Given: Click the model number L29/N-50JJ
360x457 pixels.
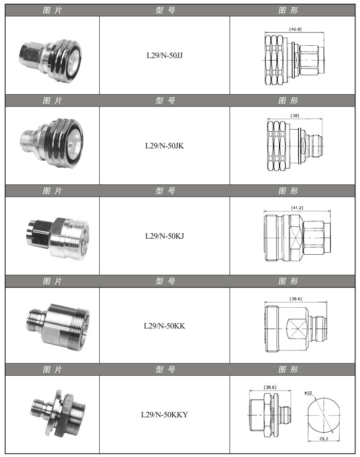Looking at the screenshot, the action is point(165,56).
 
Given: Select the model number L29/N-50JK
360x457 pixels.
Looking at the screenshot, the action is point(165,146).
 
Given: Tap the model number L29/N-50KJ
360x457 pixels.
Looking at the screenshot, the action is point(165,236).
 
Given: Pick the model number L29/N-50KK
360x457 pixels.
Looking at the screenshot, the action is point(165,326).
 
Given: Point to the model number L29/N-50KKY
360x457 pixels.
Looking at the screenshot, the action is point(165,414).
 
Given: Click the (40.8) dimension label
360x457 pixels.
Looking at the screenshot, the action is point(295,29).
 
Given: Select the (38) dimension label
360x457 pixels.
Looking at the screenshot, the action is point(295,115).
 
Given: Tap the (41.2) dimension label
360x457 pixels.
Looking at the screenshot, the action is point(297,208).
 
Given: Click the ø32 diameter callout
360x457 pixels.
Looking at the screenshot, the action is point(308,393).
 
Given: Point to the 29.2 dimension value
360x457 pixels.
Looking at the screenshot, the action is point(323,438).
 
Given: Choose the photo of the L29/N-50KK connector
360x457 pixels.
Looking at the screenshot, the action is point(58,326).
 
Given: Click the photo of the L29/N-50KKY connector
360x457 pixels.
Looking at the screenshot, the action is point(58,413).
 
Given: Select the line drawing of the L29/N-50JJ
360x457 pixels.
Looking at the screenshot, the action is point(295,60).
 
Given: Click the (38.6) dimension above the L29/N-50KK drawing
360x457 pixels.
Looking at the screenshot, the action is point(296,298).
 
